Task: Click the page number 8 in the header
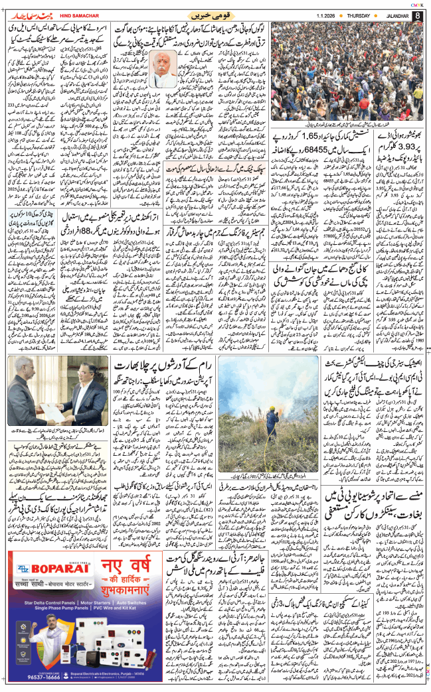[x=417, y=15]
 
